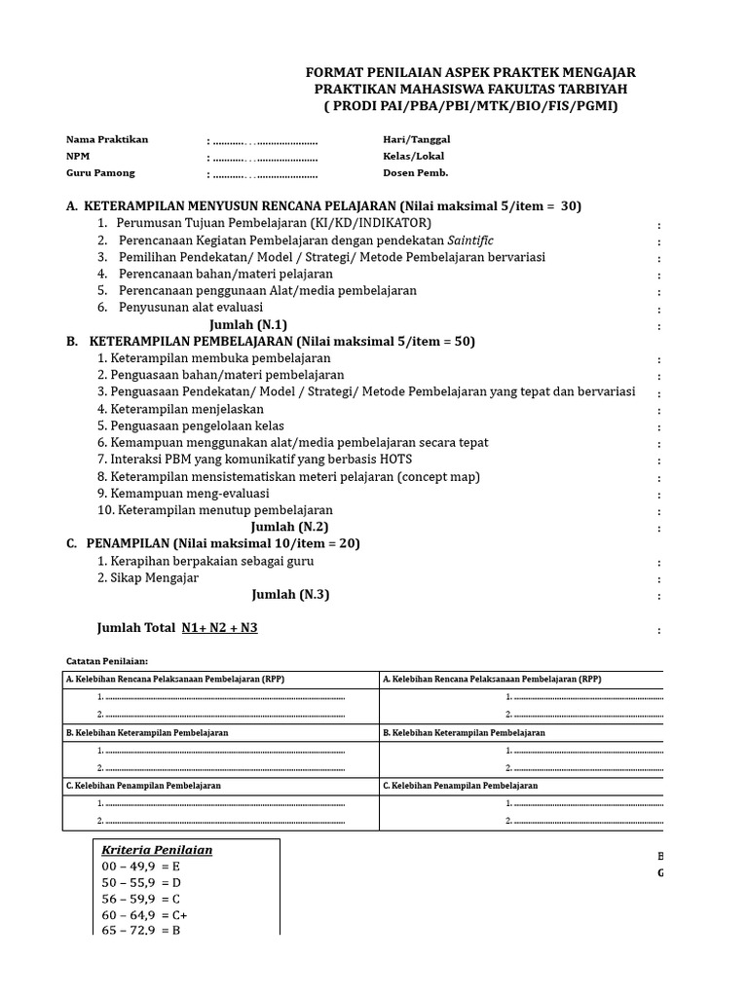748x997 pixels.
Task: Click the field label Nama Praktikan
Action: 107,139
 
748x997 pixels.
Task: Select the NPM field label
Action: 77,157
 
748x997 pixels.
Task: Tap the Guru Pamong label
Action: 100,173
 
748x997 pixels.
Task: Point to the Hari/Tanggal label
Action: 417,139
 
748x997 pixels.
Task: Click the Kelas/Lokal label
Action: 414,157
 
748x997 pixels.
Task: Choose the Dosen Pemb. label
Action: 416,173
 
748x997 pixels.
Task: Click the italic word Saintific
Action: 470,240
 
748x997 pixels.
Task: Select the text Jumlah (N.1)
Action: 248,324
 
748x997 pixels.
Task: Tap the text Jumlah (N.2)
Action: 290,527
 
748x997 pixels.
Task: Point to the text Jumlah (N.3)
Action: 290,595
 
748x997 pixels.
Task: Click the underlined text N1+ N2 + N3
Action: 219,628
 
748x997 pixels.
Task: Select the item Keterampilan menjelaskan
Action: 180,409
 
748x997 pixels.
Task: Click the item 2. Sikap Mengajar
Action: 148,577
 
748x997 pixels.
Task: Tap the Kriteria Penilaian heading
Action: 157,850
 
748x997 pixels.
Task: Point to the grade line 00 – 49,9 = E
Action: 141,866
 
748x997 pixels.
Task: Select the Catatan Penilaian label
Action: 106,660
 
